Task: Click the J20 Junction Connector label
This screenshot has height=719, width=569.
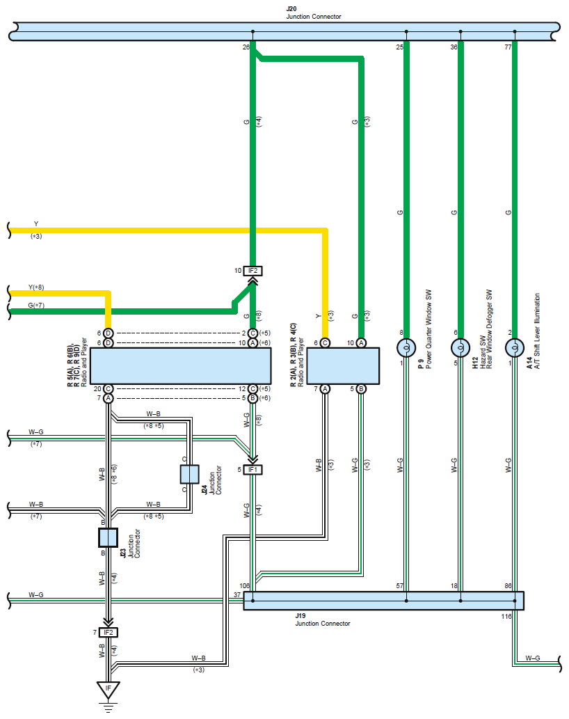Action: point(313,13)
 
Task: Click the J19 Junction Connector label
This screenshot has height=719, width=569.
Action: point(323,619)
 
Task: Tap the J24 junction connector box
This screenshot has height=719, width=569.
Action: point(189,475)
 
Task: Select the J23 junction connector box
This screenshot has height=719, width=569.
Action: point(108,537)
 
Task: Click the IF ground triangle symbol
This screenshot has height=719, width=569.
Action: point(108,690)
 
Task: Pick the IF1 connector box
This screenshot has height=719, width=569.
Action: point(253,470)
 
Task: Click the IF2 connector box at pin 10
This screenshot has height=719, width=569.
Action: point(253,271)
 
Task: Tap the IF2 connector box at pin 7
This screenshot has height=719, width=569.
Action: point(108,632)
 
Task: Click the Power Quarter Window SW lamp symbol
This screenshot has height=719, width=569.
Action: point(406,348)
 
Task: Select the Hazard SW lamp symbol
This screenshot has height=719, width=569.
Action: point(460,348)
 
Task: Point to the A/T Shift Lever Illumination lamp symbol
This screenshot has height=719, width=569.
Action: point(515,348)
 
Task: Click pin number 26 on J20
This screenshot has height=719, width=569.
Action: point(246,47)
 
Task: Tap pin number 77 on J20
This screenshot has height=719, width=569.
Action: point(508,47)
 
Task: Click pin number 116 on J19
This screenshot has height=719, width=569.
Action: point(506,616)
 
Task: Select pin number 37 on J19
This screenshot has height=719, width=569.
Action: point(237,594)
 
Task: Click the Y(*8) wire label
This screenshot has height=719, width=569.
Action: point(36,287)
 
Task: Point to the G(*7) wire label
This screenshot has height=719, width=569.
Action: point(36,305)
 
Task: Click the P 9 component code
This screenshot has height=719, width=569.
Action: point(421,364)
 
